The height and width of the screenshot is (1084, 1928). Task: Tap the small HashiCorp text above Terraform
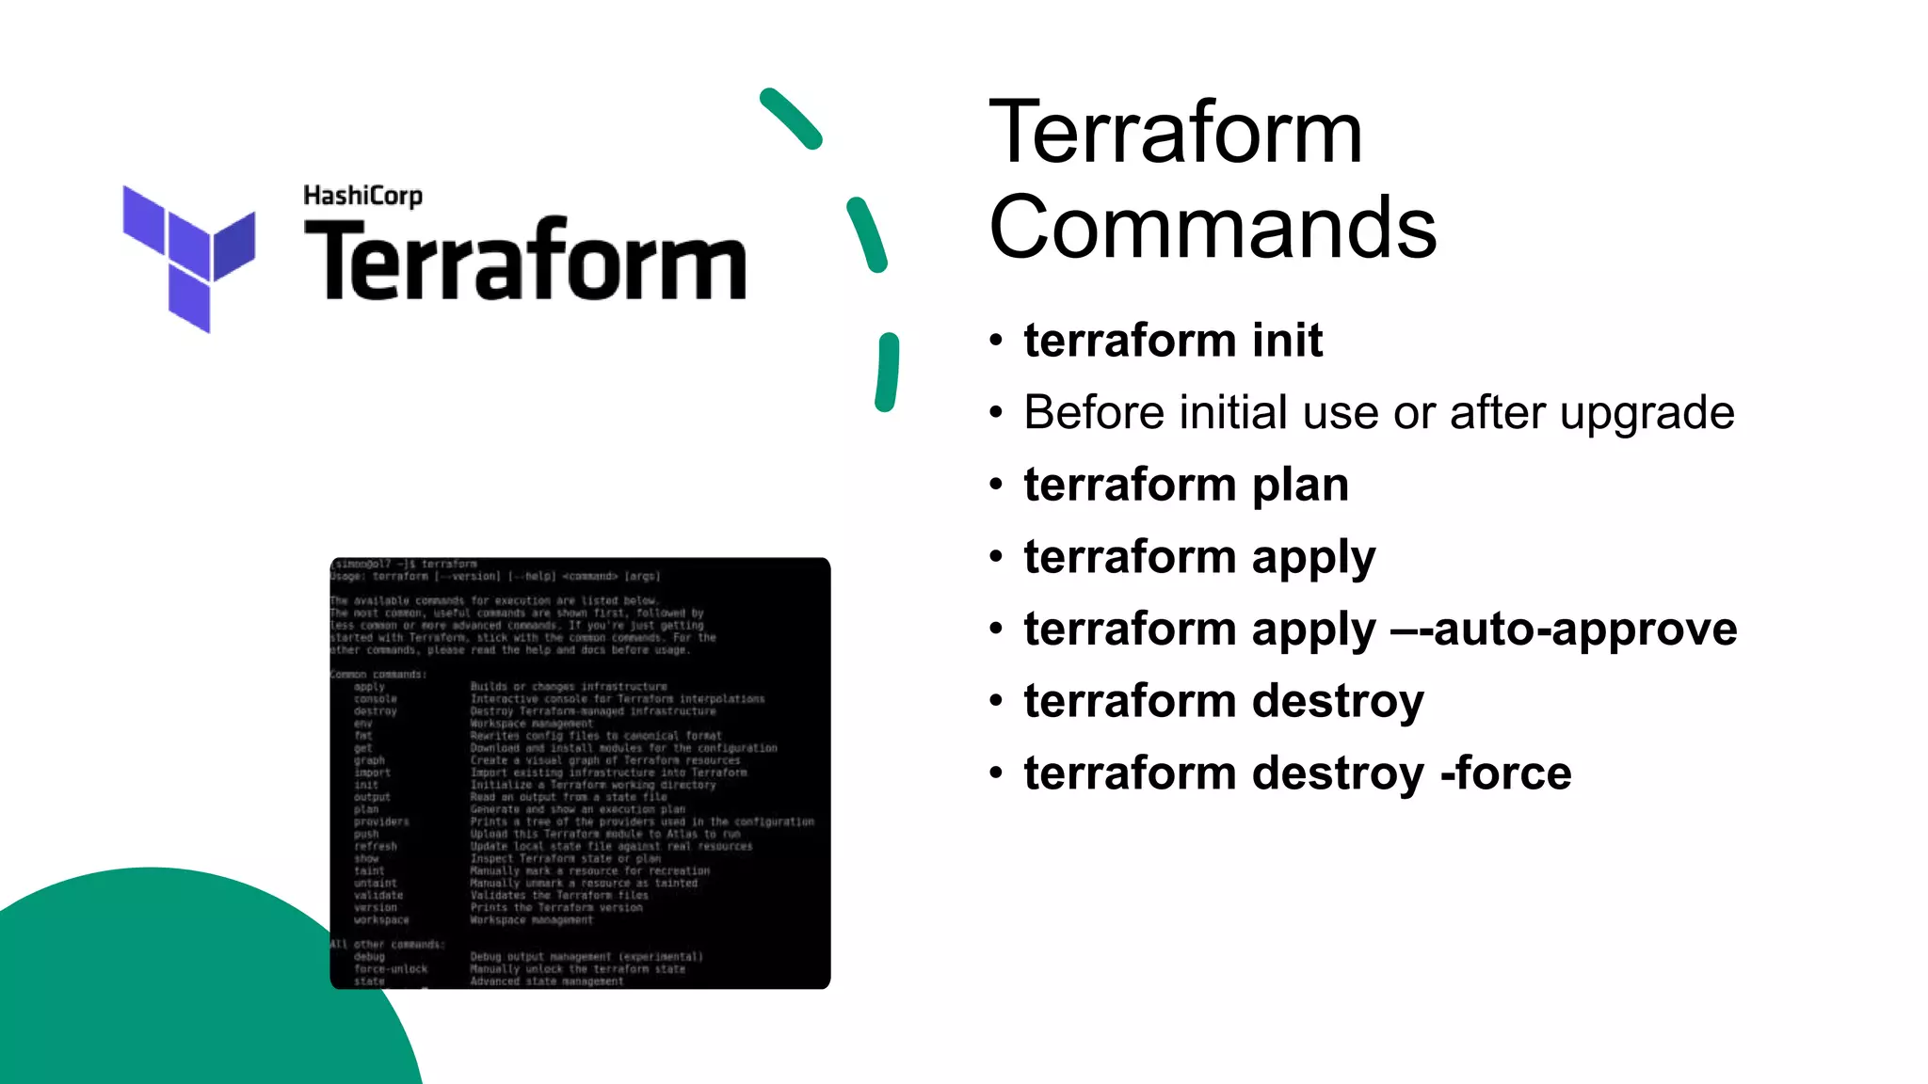[362, 196]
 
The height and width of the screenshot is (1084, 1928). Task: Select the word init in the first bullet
[1287, 340]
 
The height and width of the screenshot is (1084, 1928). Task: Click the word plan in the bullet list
[1300, 485]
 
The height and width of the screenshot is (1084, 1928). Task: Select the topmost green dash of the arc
[791, 119]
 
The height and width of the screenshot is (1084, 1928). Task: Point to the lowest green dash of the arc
[887, 373]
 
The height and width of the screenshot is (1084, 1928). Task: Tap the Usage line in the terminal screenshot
[495, 576]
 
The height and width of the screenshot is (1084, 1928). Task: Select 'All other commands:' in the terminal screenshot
[387, 944]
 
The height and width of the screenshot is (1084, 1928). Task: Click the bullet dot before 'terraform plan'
[996, 485]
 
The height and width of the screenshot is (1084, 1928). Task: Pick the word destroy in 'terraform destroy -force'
[1337, 773]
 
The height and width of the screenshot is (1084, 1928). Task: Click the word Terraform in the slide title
[1175, 133]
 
